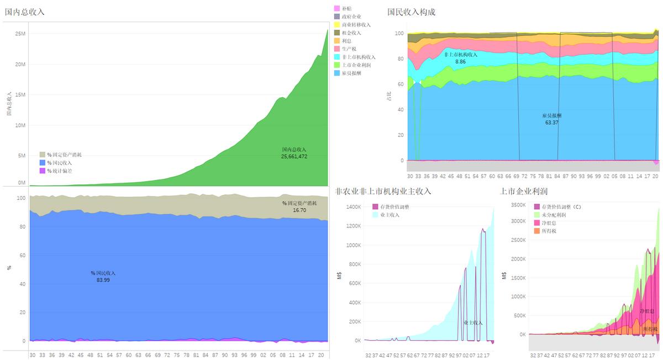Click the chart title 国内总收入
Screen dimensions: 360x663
point(25,12)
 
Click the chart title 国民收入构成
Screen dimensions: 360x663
point(411,12)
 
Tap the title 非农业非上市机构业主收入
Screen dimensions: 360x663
point(383,192)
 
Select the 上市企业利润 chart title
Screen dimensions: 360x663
point(523,192)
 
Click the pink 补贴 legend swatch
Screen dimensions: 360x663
point(337,9)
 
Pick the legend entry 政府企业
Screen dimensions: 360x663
point(351,17)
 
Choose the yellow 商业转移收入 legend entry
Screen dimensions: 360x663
point(356,25)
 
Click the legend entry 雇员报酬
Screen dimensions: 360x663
point(351,73)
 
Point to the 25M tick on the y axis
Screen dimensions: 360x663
point(20,34)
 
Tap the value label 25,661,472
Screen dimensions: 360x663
point(294,157)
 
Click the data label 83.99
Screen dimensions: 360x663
point(103,280)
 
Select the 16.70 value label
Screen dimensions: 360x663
point(299,210)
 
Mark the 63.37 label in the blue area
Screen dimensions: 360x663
point(551,123)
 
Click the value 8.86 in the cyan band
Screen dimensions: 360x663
point(461,62)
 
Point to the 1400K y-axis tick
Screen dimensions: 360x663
point(353,207)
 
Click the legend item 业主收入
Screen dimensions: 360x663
point(390,215)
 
